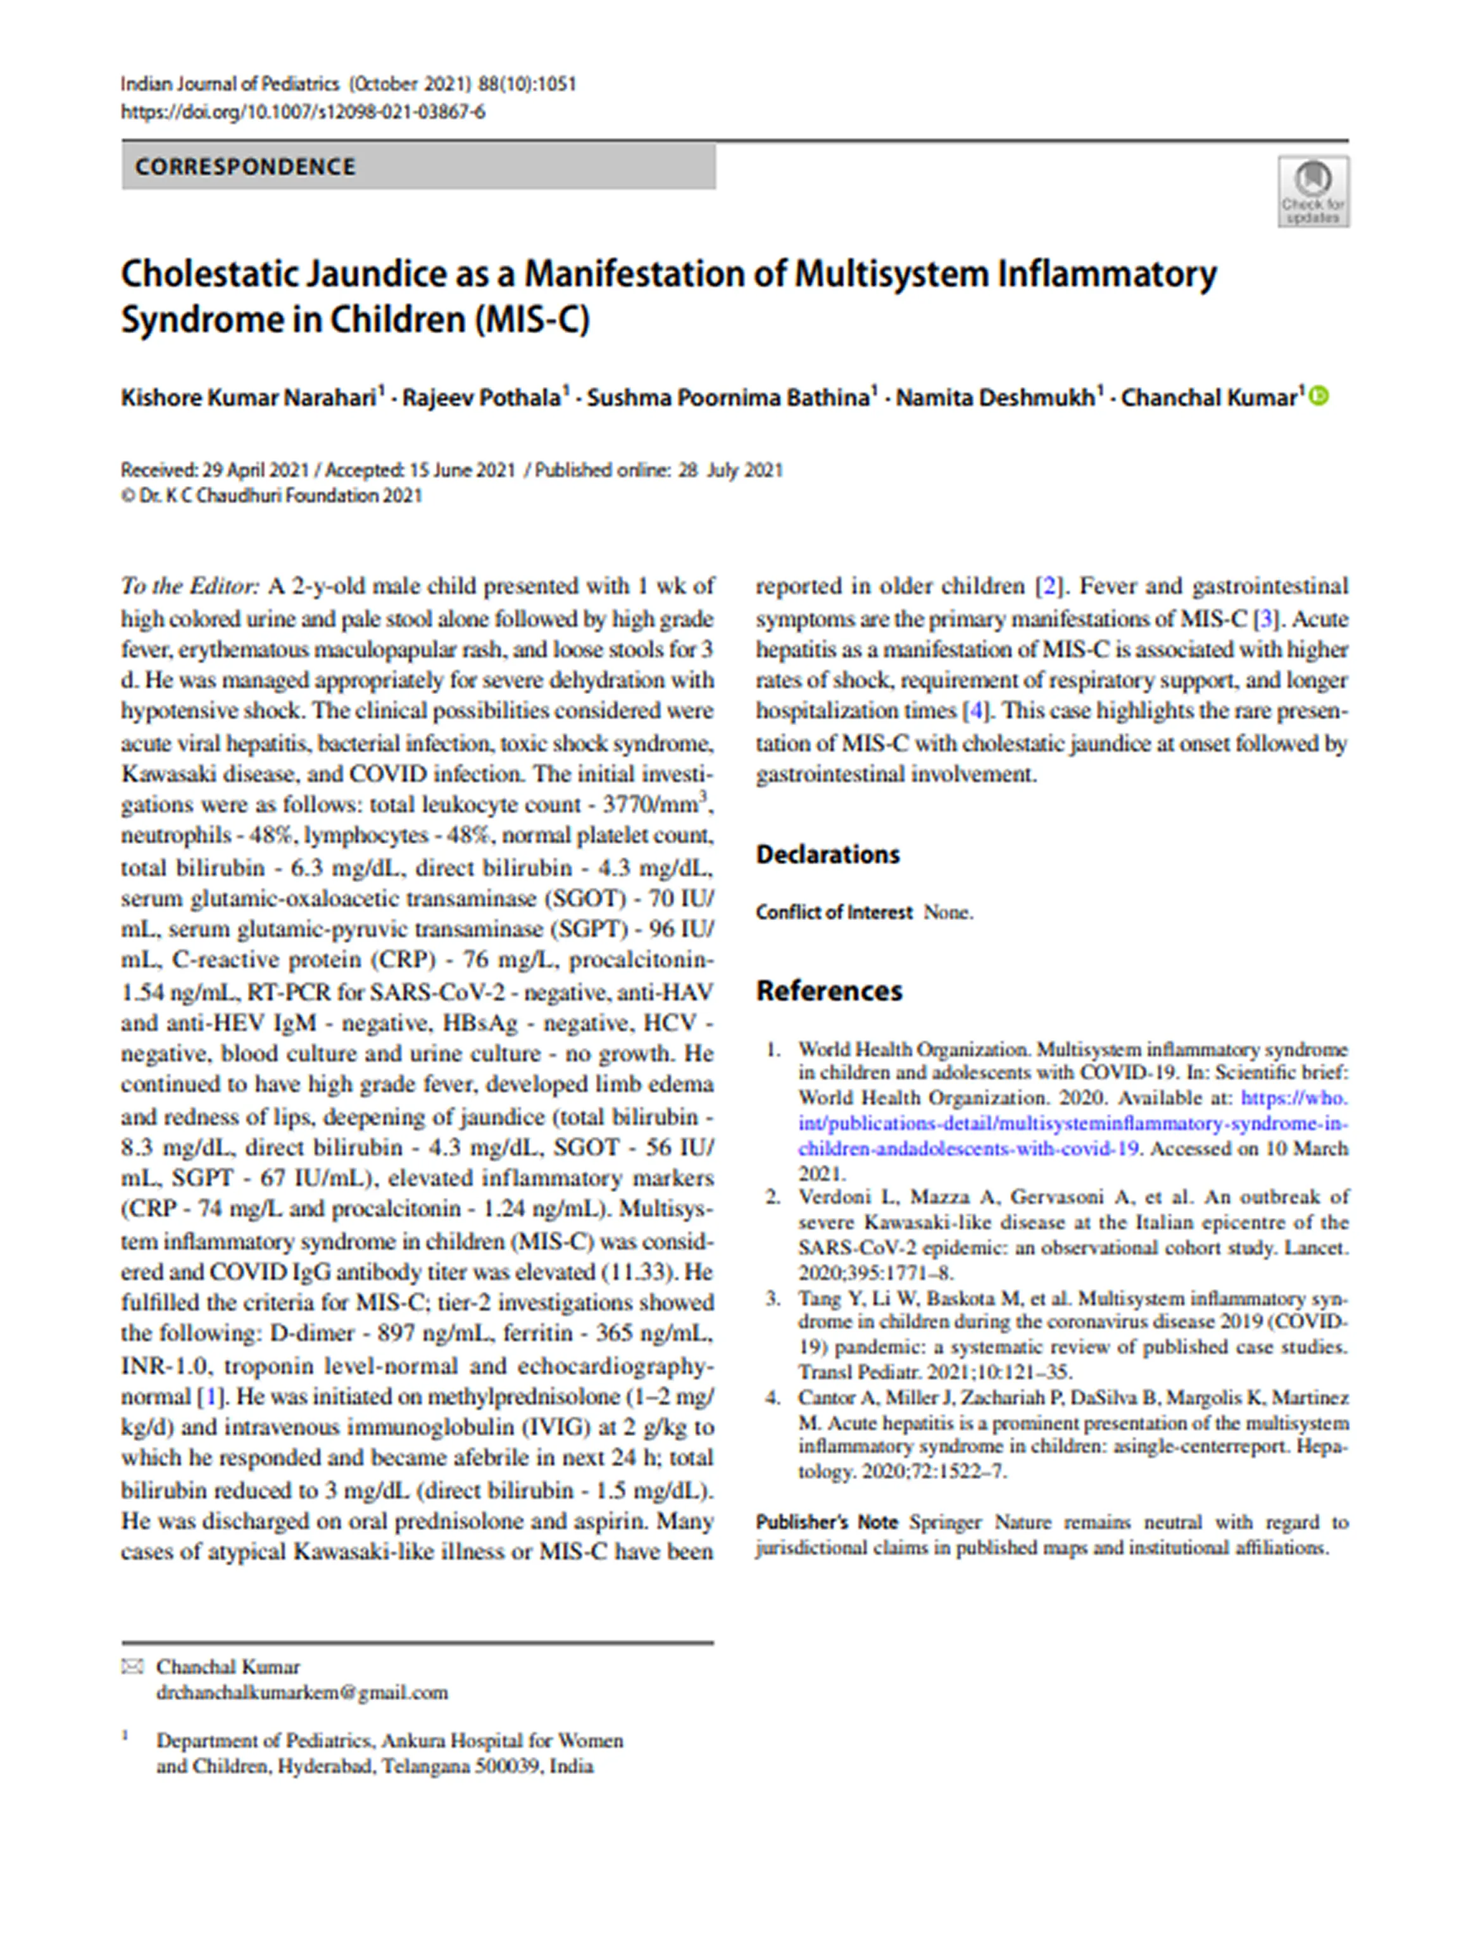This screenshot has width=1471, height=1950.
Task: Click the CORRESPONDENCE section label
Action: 245,167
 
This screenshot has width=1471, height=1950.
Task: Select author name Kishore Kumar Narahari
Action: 249,398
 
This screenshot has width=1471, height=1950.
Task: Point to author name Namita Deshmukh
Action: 995,398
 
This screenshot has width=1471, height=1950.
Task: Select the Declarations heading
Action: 828,854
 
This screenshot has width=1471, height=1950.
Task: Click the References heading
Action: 829,991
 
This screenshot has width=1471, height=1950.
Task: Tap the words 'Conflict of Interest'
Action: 833,912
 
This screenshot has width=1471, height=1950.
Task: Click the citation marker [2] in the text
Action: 1048,586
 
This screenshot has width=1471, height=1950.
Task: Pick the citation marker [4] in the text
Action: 975,710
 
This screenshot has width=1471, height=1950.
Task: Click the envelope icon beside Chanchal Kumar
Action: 132,1666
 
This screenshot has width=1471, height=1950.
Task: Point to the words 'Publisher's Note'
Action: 826,1523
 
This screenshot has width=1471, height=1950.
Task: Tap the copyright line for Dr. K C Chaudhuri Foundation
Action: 272,496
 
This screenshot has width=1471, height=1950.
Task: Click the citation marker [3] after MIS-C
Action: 1266,618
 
